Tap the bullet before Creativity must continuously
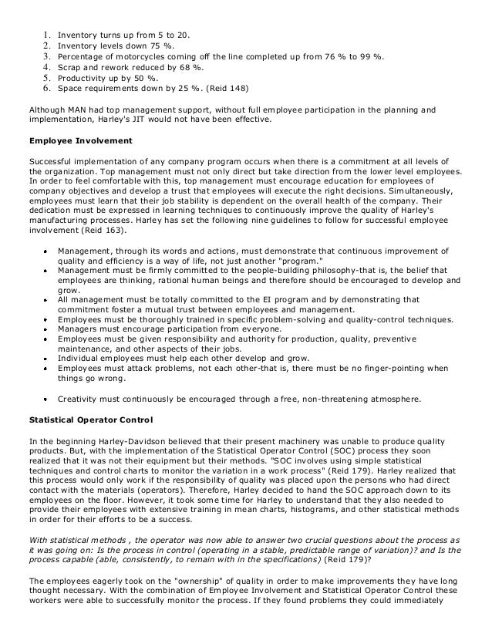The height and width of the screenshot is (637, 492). click(x=46, y=399)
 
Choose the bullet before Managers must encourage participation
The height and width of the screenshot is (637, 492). click(x=46, y=329)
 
